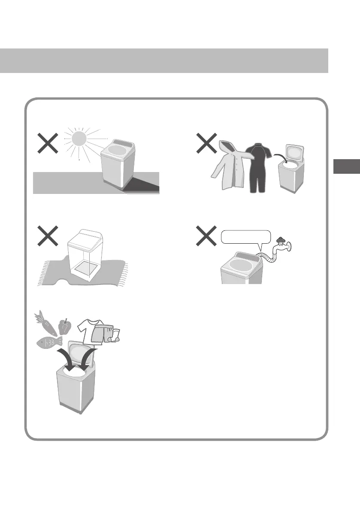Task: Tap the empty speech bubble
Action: (x=246, y=237)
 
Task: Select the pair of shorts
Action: (x=104, y=334)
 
